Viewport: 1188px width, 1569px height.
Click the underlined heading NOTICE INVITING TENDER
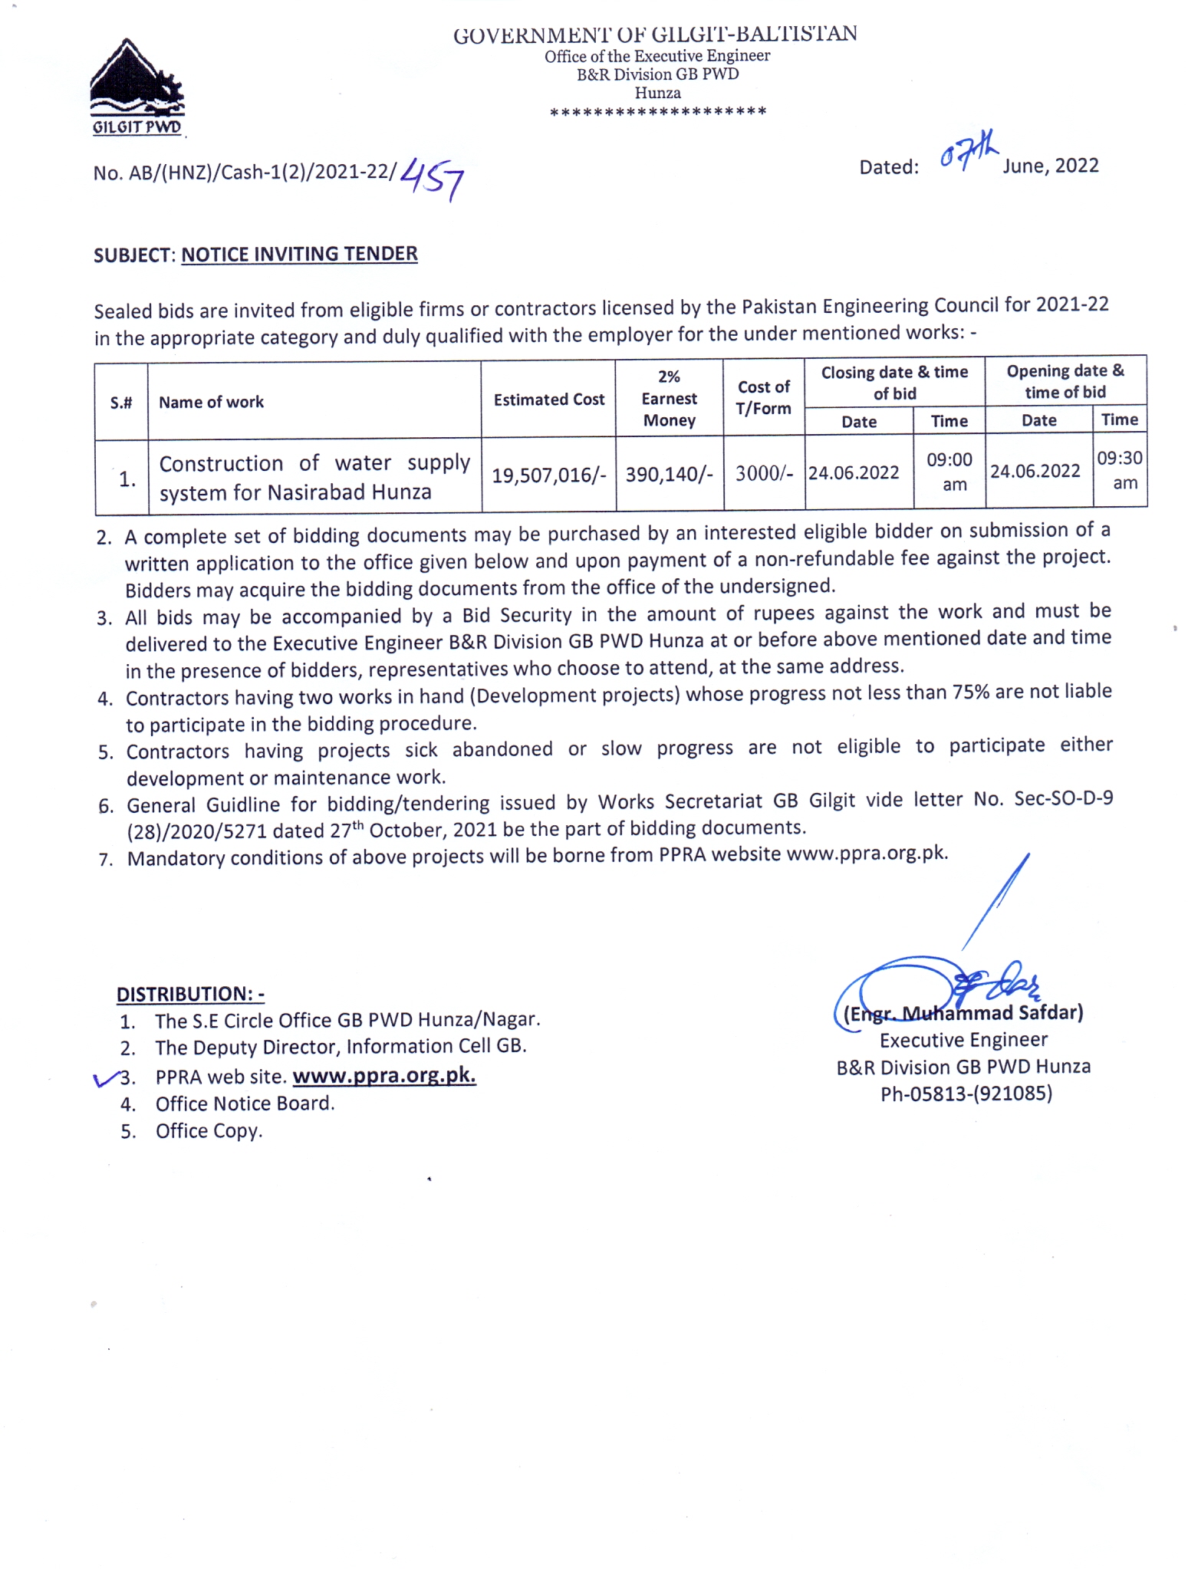point(299,254)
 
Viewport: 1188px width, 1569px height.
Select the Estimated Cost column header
point(548,400)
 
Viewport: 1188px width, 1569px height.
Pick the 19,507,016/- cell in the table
point(548,475)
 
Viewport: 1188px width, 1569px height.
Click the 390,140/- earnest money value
point(669,475)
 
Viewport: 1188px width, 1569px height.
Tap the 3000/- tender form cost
point(764,473)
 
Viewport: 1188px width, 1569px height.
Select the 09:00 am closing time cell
point(949,472)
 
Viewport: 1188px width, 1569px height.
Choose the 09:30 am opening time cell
point(1120,470)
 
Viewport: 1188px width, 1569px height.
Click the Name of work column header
point(211,402)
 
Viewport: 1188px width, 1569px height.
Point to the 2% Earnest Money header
point(669,398)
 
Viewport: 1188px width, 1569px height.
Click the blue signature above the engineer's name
point(943,982)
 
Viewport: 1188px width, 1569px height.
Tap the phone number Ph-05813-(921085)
point(966,1094)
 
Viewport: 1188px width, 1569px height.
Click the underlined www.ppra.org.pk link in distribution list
point(384,1075)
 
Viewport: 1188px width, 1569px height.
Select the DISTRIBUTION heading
point(190,994)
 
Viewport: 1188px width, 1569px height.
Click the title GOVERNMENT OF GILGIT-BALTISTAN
point(655,35)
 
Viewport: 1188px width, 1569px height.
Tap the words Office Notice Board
point(245,1104)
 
